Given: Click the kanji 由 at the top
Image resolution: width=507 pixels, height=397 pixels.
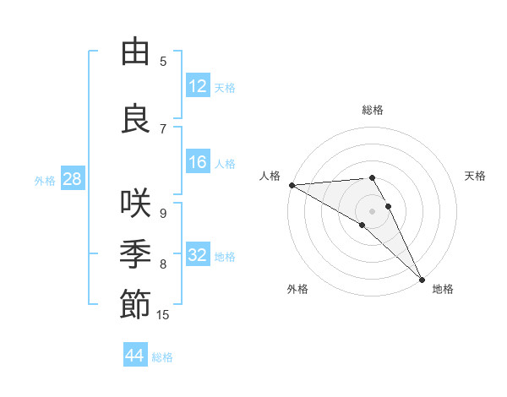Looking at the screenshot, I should pos(135,52).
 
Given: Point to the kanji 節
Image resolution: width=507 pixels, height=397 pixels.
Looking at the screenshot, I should pos(135,304).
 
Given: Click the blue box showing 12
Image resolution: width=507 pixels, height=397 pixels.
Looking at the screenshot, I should pos(198,86).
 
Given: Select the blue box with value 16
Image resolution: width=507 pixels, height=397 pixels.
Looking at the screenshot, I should pos(198,163).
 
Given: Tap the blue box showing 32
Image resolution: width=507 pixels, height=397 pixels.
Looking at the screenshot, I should pos(198,256).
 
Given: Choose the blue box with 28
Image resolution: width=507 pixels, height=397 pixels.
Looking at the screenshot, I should pos(72,180).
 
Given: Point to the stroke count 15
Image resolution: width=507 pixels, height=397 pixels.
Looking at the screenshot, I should pos(163,315).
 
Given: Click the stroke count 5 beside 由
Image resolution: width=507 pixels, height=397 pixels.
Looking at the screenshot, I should pos(163,62).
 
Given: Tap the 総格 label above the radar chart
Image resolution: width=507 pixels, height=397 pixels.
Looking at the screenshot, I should pos(373,110).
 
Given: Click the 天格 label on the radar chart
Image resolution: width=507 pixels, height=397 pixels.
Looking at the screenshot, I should pos(476,176).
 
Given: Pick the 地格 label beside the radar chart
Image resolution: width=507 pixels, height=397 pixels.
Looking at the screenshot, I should pos(443,289).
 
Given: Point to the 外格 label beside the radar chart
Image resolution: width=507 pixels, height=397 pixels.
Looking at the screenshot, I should pos(297,289).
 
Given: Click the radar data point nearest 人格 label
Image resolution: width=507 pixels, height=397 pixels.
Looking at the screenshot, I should pos(292,185).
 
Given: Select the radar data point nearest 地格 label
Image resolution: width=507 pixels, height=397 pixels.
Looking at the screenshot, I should pos(422,279).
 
